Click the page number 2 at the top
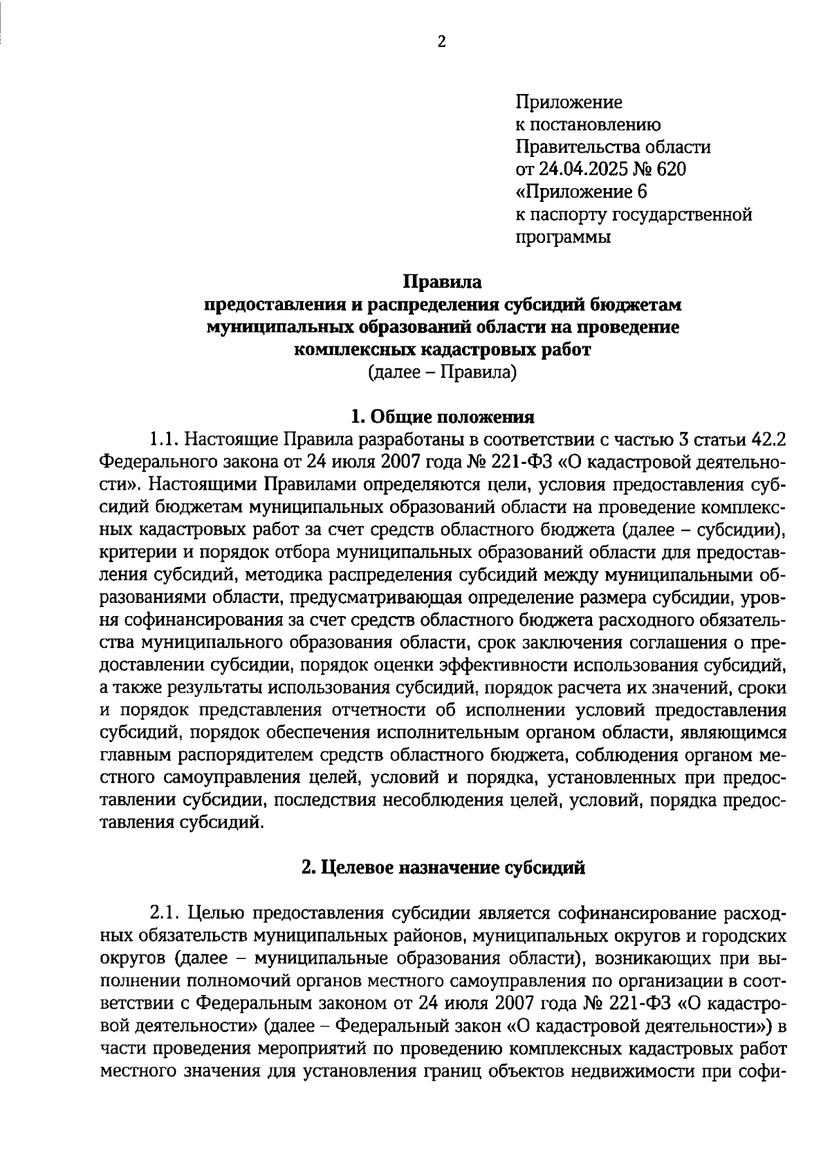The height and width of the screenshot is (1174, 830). point(442,42)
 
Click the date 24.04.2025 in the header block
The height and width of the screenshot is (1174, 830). point(575,169)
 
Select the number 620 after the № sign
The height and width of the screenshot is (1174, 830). point(672,169)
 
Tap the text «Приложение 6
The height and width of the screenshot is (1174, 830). point(581,192)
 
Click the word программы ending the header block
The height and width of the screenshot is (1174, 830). point(563,237)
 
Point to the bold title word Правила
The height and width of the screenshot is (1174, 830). point(442,282)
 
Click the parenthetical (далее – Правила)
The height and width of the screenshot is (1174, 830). point(442,373)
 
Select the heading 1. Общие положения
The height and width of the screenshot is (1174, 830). point(442,417)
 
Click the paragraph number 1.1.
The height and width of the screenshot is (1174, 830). point(165,440)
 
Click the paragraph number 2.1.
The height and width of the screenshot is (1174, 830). point(165,914)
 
